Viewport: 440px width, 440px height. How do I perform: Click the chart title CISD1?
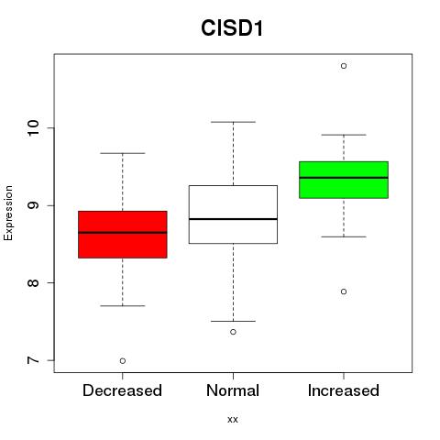click(232, 28)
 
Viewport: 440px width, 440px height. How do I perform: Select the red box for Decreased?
click(123, 235)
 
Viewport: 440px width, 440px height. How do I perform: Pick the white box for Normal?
click(233, 214)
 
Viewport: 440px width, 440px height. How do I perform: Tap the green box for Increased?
click(344, 180)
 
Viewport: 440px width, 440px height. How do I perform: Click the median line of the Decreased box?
click(123, 233)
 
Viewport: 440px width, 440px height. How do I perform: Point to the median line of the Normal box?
click(233, 219)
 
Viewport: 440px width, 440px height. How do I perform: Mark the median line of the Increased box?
click(344, 178)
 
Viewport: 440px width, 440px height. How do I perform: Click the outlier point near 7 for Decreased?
click(123, 361)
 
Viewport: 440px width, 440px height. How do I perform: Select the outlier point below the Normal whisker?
click(233, 332)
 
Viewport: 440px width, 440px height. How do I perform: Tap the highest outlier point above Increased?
click(344, 66)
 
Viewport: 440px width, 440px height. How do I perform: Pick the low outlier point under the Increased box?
click(344, 291)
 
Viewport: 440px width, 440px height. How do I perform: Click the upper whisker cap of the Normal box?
click(233, 122)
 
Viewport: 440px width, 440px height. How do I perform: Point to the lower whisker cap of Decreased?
click(123, 305)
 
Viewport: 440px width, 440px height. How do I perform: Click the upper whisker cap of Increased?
click(344, 135)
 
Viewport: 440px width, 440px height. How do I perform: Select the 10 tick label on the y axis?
click(34, 128)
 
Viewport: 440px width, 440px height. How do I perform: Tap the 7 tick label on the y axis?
click(34, 360)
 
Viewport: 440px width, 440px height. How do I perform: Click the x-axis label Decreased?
click(122, 390)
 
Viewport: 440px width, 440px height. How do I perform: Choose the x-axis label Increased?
click(344, 390)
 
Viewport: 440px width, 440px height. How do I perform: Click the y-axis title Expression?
click(8, 213)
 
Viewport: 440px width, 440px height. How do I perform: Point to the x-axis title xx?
click(233, 420)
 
